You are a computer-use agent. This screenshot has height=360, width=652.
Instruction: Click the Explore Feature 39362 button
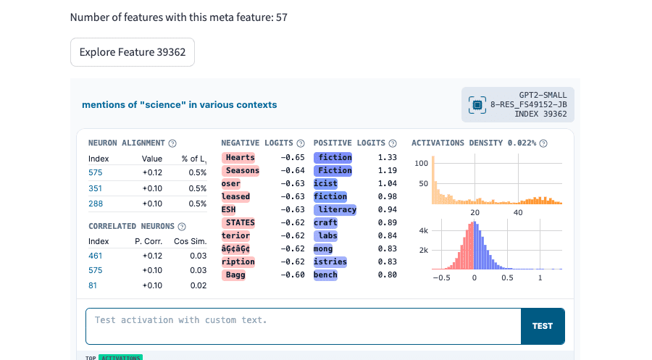pyautogui.click(x=133, y=52)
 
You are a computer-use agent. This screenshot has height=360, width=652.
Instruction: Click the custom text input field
pyautogui.click(x=303, y=327)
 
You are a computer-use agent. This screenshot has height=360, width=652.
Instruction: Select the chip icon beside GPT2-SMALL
pyautogui.click(x=477, y=105)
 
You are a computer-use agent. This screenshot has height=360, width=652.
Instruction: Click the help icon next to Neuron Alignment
pyautogui.click(x=172, y=143)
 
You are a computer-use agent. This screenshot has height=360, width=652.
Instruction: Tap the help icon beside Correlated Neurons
pyautogui.click(x=182, y=227)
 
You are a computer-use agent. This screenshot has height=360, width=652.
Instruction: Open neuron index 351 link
pyautogui.click(x=95, y=188)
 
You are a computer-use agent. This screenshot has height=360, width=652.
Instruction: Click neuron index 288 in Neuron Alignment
pyautogui.click(x=96, y=204)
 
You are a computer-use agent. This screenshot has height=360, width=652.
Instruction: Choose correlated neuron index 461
pyautogui.click(x=95, y=256)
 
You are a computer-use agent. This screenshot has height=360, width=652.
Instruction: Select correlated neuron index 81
pyautogui.click(x=92, y=285)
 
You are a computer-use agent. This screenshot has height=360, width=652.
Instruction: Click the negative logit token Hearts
pyautogui.click(x=238, y=158)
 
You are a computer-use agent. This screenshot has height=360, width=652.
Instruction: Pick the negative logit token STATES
pyautogui.click(x=238, y=223)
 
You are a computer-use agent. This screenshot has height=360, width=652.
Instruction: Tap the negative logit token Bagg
pyautogui.click(x=234, y=275)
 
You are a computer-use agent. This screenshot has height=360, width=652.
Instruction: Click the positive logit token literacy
pyautogui.click(x=335, y=209)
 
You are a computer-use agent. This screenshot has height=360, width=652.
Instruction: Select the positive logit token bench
pyautogui.click(x=325, y=275)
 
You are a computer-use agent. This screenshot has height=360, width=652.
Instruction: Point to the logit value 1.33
pyautogui.click(x=387, y=158)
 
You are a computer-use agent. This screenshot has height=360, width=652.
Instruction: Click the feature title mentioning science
pyautogui.click(x=179, y=105)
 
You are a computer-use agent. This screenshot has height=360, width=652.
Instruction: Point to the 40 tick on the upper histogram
pyautogui.click(x=518, y=212)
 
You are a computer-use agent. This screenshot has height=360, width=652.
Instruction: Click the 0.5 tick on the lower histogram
pyautogui.click(x=507, y=277)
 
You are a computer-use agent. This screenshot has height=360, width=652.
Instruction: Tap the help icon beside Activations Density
pyautogui.click(x=543, y=143)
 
